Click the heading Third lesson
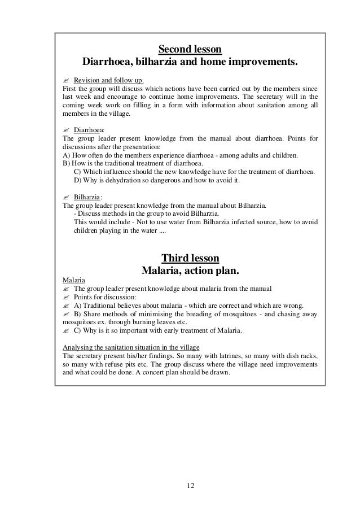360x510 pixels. coord(190,259)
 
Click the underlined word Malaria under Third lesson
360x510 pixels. coord(74,280)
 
